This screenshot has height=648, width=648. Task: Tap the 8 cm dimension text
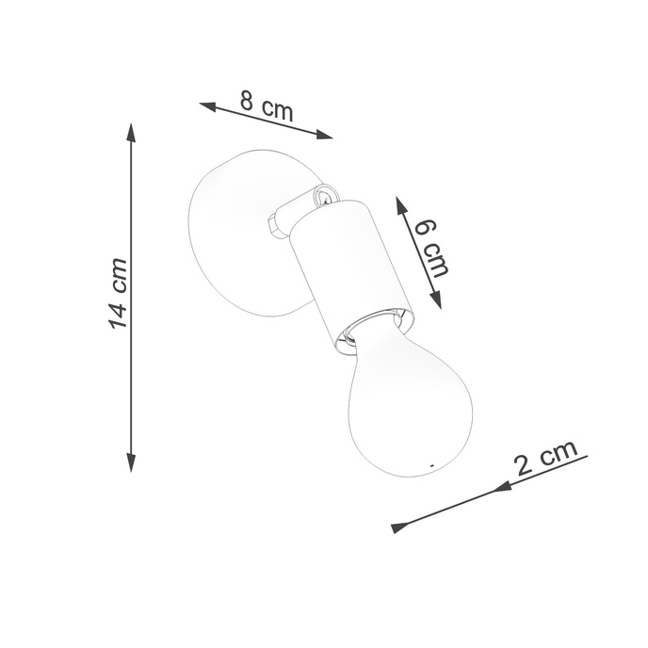pos(265,105)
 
